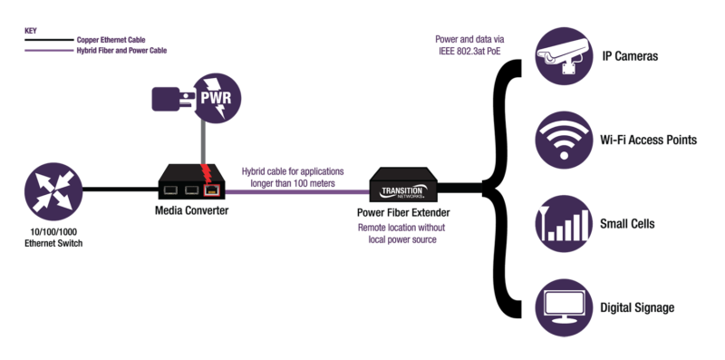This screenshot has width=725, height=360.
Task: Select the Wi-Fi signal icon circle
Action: click(569, 141)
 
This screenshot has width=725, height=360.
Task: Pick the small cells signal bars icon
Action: click(569, 224)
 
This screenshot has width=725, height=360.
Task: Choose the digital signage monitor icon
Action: click(569, 307)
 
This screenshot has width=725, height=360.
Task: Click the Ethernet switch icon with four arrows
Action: click(53, 190)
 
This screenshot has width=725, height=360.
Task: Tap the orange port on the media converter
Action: click(211, 190)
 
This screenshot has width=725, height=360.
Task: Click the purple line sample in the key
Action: click(47, 52)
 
